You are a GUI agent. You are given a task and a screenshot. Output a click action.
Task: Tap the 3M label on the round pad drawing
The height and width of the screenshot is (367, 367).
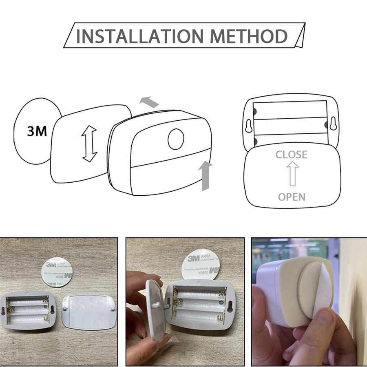click(x=37, y=131)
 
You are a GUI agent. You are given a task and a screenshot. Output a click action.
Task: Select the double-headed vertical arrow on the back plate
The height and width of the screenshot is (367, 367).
click(x=90, y=144)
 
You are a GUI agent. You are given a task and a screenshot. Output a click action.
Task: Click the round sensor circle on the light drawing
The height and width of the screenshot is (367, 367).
click(x=176, y=139)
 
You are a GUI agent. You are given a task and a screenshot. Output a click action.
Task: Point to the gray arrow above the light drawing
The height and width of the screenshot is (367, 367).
click(x=149, y=102)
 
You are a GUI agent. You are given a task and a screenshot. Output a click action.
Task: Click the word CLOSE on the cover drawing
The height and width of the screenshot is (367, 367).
click(x=291, y=155)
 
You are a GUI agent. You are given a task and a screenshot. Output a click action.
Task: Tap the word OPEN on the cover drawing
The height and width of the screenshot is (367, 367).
click(x=291, y=197)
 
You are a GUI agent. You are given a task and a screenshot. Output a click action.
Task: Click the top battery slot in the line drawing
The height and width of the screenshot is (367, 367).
click(x=290, y=109)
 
